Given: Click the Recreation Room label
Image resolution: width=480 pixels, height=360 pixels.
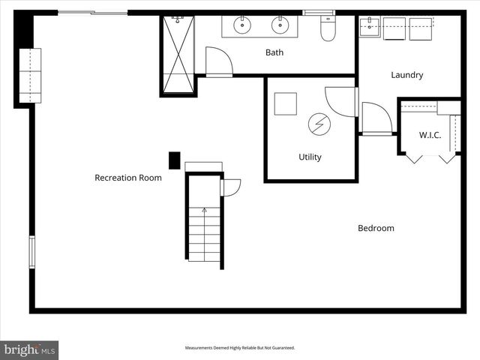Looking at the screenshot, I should [x=127, y=178].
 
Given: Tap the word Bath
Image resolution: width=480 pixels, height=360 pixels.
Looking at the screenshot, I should [x=274, y=52].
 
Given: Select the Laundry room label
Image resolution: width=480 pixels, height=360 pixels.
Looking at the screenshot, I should [x=407, y=75].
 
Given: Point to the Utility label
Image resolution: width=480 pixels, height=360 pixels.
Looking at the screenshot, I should [x=310, y=157].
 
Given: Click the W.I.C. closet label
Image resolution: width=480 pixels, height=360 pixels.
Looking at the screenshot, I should [x=430, y=135].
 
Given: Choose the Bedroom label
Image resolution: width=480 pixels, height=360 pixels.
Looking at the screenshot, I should [x=376, y=228].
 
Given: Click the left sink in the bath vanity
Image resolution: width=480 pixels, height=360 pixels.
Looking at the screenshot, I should [x=242, y=25].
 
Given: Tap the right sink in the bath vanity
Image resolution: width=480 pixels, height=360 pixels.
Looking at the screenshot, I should [x=280, y=25].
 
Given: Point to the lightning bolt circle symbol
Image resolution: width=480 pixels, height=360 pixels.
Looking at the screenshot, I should [x=319, y=124].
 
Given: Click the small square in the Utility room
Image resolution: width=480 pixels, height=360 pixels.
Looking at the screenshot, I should [x=285, y=103].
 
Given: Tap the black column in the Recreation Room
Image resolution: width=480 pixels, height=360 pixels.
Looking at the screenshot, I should [x=174, y=160].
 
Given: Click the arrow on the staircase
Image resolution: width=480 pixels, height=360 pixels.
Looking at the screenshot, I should [x=204, y=211].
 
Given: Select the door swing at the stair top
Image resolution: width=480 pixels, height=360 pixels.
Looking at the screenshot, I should [x=230, y=187].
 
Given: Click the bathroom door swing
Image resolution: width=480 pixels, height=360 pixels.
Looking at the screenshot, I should [x=218, y=61].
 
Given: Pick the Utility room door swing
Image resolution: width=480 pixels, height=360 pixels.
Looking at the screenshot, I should [x=342, y=101].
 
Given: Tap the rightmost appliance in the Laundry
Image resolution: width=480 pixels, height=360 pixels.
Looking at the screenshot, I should [x=421, y=28].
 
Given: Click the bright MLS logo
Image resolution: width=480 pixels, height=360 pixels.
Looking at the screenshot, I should [x=29, y=349].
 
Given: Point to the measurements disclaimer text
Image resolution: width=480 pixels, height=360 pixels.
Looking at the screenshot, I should [x=240, y=348].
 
